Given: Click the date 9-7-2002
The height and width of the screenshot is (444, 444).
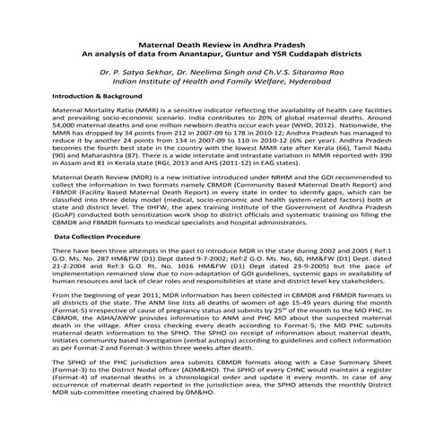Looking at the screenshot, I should [221, 257].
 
